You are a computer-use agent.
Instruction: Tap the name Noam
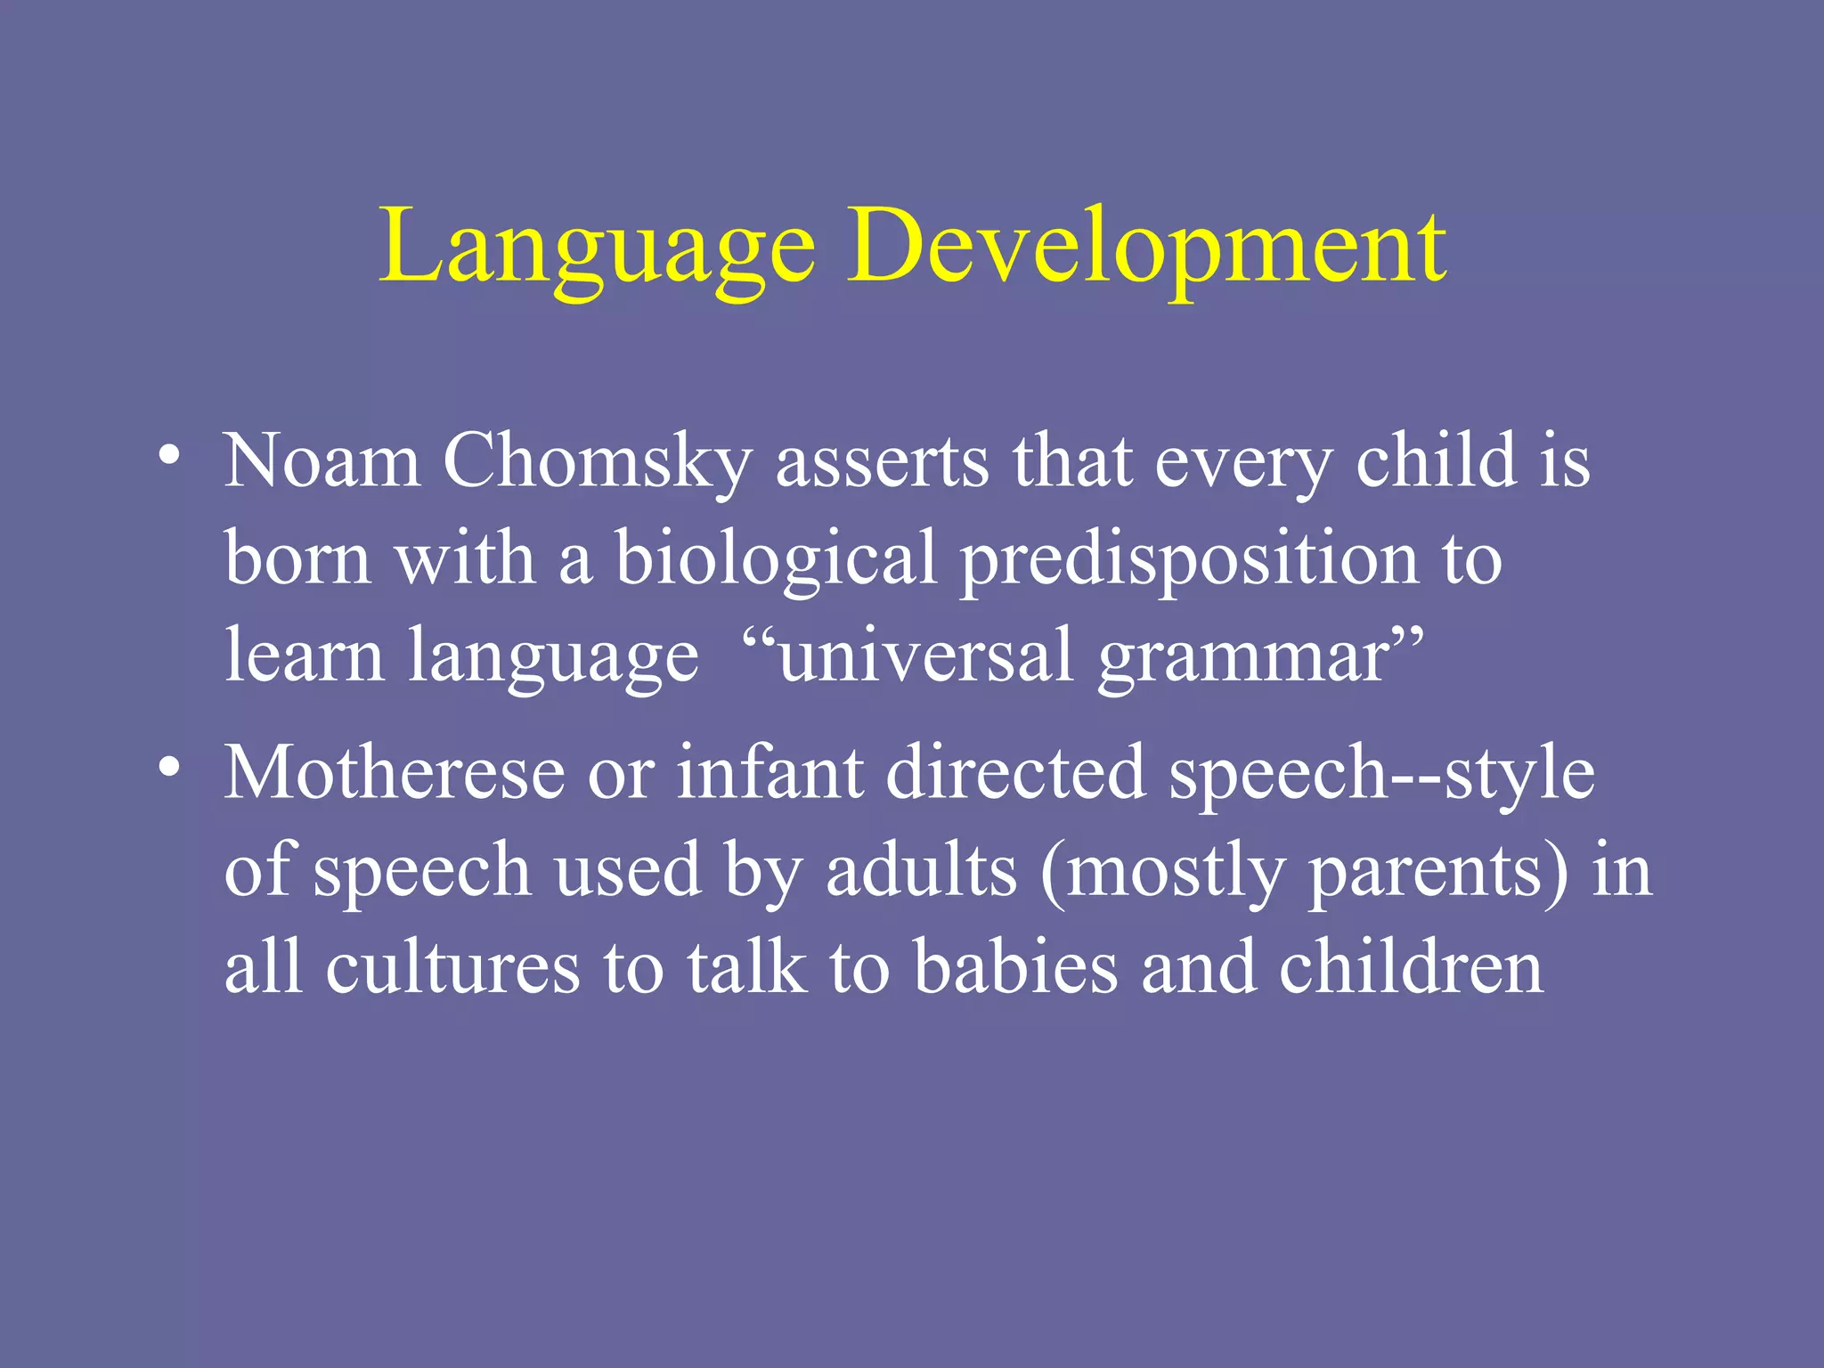click(322, 461)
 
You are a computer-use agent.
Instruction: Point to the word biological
click(776, 559)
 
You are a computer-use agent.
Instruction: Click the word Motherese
click(395, 771)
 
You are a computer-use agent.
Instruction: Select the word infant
click(769, 771)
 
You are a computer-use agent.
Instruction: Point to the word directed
click(1015, 771)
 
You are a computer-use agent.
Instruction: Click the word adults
click(921, 869)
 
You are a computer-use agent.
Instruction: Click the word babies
click(1015, 967)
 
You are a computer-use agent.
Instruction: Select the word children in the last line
click(1411, 967)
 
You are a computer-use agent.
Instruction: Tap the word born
click(297, 559)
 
